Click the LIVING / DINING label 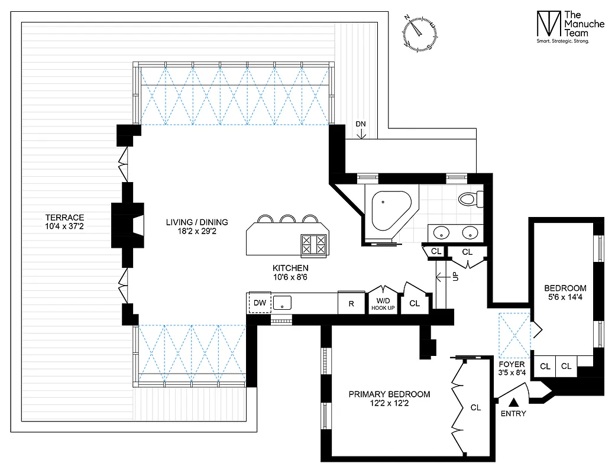(x=196, y=227)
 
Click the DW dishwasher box (x=260, y=303)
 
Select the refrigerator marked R (x=351, y=304)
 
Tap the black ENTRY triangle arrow (x=512, y=401)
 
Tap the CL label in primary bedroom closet (x=475, y=407)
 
